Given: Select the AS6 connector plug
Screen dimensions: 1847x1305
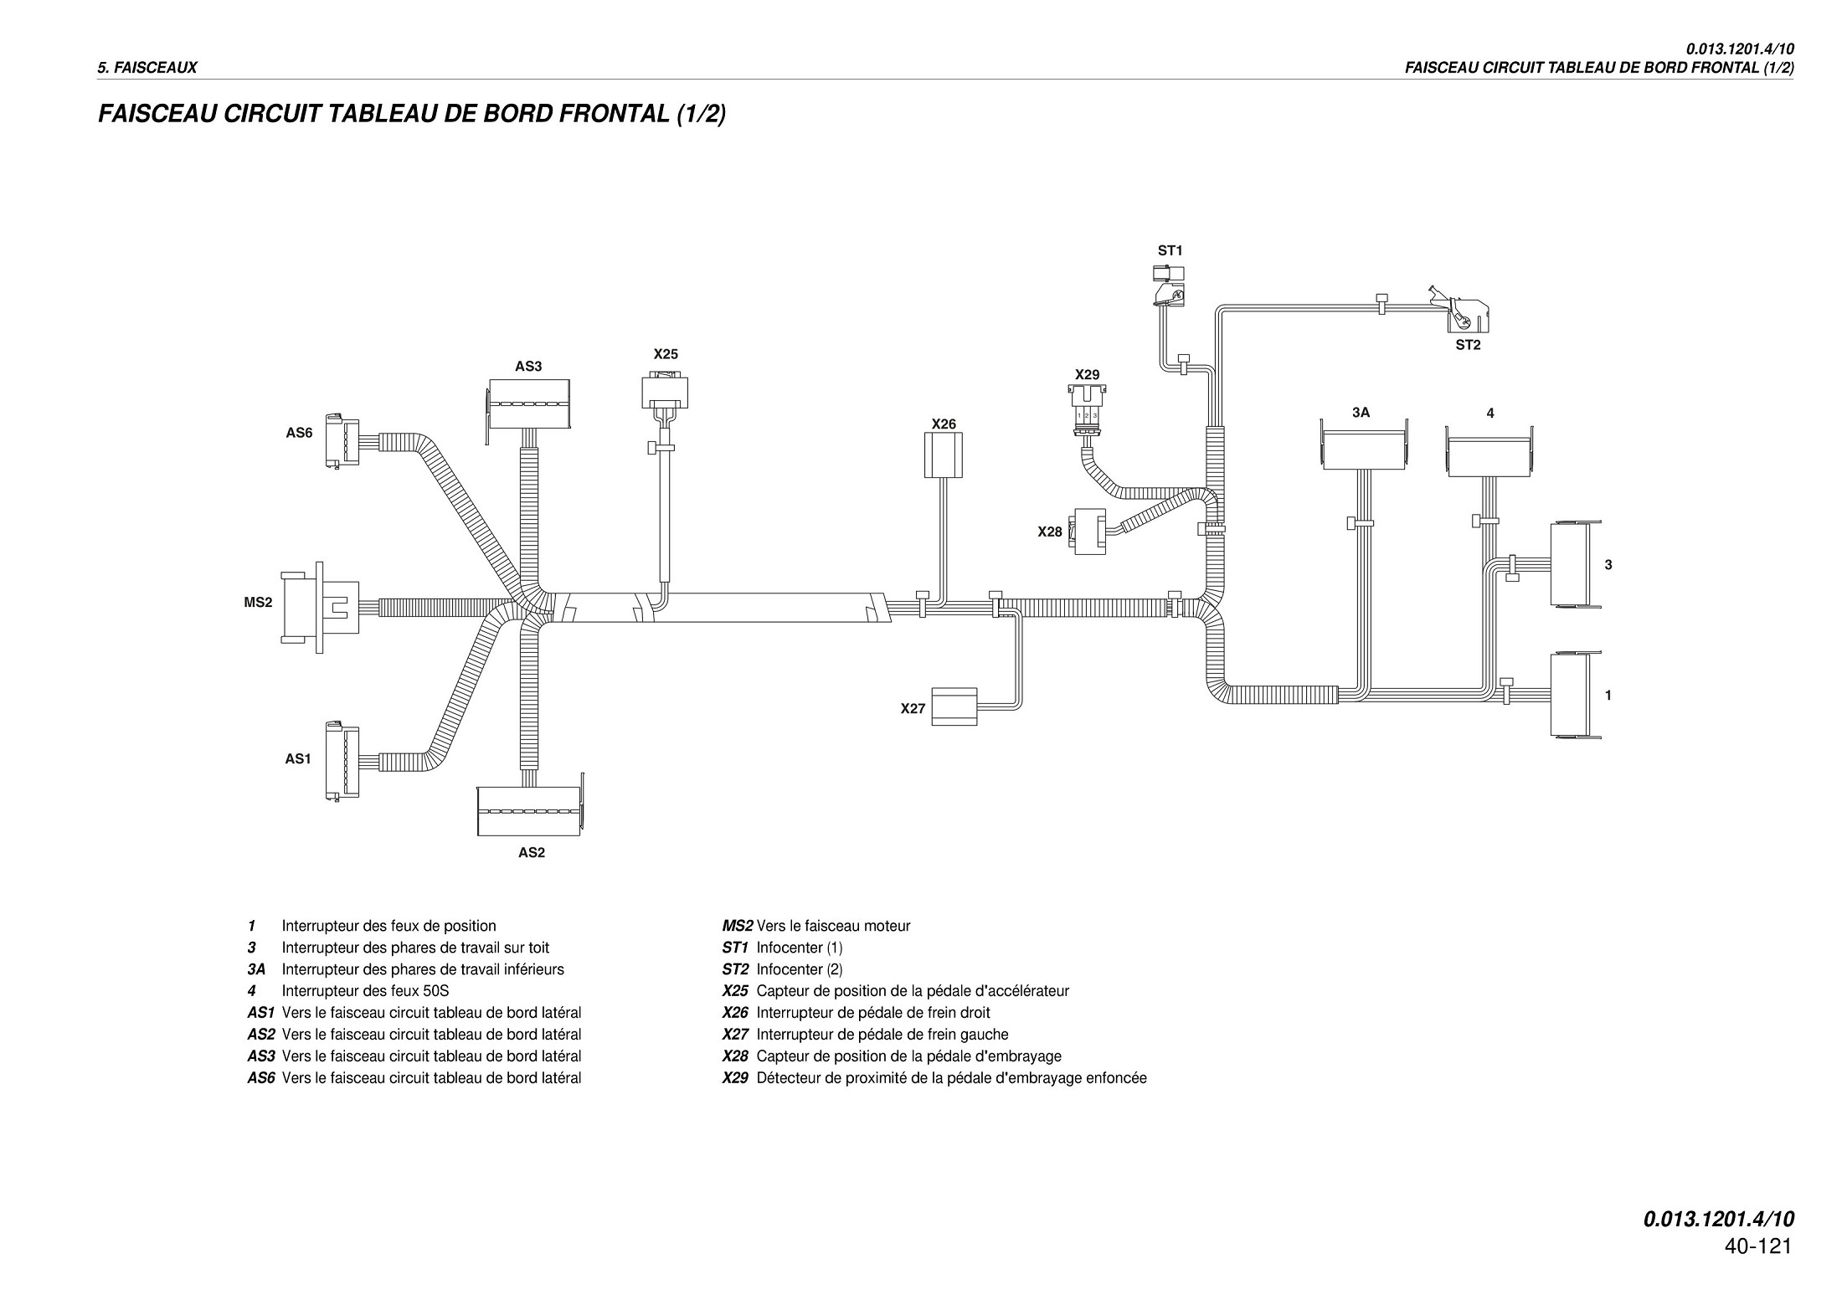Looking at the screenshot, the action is click(x=343, y=441).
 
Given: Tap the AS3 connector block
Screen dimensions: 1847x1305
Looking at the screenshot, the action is click(x=527, y=404).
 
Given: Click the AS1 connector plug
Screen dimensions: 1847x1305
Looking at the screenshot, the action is click(x=343, y=760).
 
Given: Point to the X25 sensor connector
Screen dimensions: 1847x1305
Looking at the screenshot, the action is click(x=665, y=393).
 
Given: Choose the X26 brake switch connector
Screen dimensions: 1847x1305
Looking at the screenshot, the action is click(x=944, y=455).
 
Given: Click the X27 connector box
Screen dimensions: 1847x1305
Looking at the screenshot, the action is click(x=954, y=706).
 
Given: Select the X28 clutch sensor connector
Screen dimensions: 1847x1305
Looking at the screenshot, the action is click(x=1088, y=531).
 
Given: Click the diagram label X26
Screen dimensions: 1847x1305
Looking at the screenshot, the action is click(x=944, y=424).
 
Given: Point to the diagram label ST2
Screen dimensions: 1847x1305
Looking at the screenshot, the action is click(x=1468, y=345).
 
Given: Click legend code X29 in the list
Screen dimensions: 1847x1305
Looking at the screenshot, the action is click(x=735, y=1078).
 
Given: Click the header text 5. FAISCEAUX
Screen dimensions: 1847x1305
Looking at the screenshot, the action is click(x=147, y=68).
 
